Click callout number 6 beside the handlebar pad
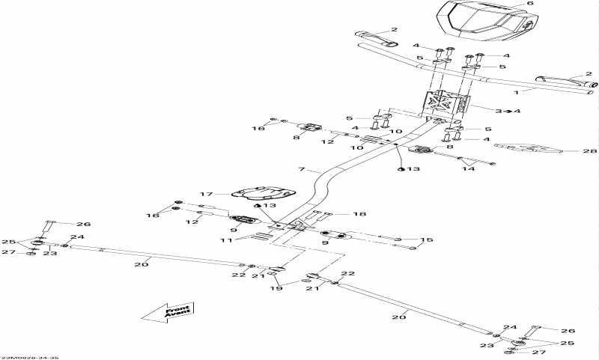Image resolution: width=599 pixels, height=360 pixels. (x=529, y=4)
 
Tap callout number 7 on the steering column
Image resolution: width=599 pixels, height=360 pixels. (x=302, y=168)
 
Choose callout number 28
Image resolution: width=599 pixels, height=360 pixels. (x=586, y=151)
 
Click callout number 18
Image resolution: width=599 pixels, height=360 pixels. (x=360, y=214)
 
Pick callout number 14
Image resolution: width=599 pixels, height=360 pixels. (x=469, y=170)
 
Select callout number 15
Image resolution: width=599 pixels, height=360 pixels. (x=427, y=240)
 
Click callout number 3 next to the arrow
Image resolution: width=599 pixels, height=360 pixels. (x=499, y=111)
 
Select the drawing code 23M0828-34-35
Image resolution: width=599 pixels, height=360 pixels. (x=29, y=357)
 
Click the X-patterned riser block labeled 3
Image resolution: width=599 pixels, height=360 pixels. (x=447, y=104)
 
